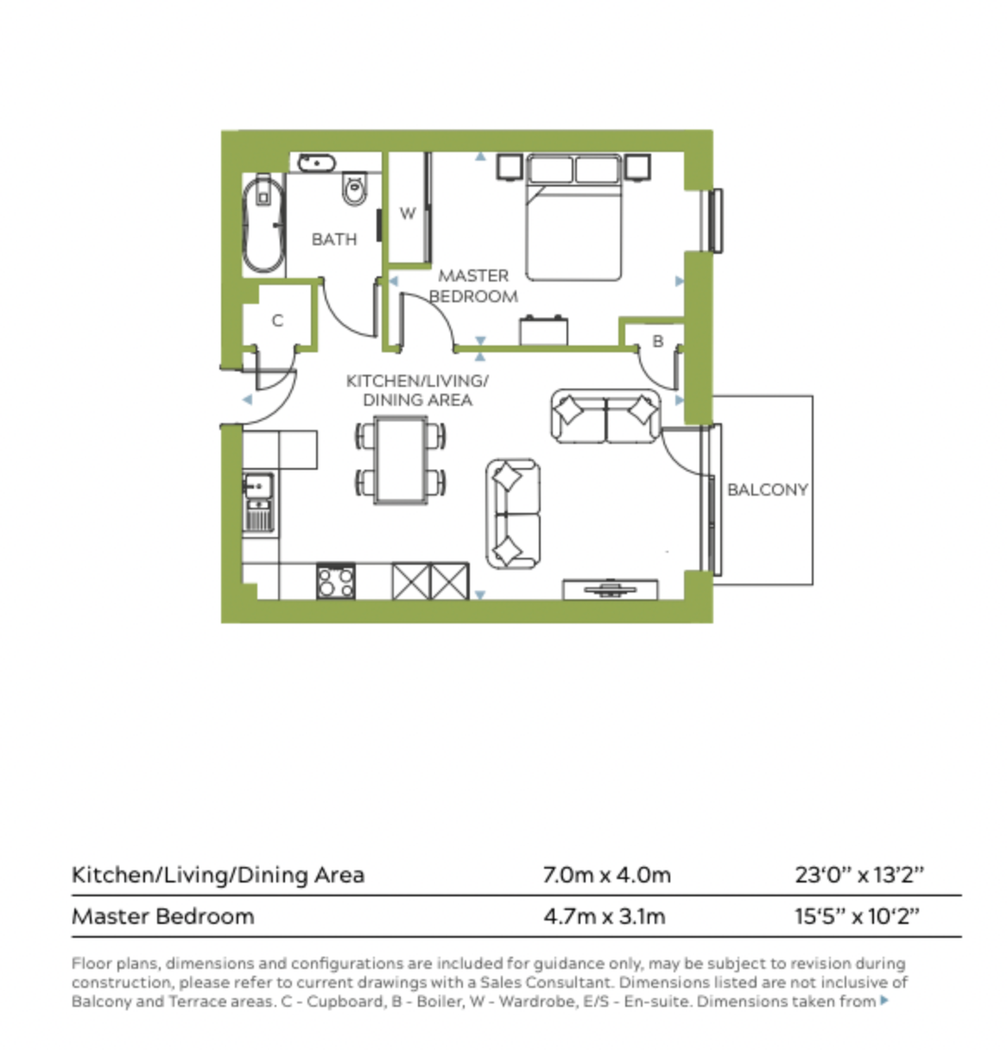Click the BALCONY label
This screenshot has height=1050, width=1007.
[767, 490]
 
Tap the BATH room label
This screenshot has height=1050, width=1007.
[333, 239]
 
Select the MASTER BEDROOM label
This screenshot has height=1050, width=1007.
[473, 286]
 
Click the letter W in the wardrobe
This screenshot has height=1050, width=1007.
[408, 213]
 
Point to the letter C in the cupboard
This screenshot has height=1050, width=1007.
[277, 320]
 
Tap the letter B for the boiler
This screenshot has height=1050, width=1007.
[657, 341]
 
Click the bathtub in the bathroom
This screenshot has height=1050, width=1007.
[263, 225]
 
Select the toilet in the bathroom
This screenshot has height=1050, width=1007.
[353, 189]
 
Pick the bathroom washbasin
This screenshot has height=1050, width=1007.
[316, 162]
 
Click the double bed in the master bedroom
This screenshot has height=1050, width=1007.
[573, 220]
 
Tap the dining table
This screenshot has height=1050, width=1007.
[401, 459]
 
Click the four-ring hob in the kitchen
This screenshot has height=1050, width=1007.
[336, 580]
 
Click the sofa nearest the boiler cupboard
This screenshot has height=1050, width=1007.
[605, 415]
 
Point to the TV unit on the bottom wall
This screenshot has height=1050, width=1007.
[611, 590]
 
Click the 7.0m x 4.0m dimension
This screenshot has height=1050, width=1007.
[606, 875]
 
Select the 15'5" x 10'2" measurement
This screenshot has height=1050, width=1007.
[857, 916]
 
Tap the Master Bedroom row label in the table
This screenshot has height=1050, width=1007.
[163, 916]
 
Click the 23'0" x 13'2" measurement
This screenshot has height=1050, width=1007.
[858, 875]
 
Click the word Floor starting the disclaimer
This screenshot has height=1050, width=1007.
[91, 963]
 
